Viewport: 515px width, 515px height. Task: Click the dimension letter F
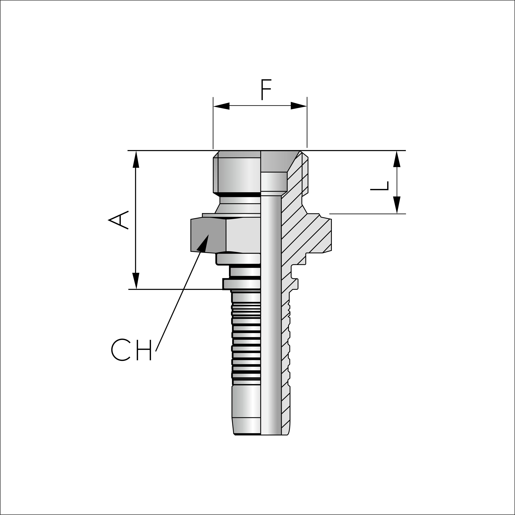coord(266,89)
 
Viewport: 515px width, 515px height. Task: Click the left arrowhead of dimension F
coord(221,106)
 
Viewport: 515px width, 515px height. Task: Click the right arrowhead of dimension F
coord(299,106)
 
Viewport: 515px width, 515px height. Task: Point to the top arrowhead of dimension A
coord(136,159)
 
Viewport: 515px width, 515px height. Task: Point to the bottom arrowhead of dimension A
coord(136,281)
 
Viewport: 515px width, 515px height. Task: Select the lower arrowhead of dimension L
coord(397,205)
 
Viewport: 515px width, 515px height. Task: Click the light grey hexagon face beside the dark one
coord(242,235)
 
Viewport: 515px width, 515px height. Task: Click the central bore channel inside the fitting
coord(271,320)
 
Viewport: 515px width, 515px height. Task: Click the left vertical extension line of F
coord(213,123)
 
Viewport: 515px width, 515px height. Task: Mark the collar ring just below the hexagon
coord(238,259)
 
